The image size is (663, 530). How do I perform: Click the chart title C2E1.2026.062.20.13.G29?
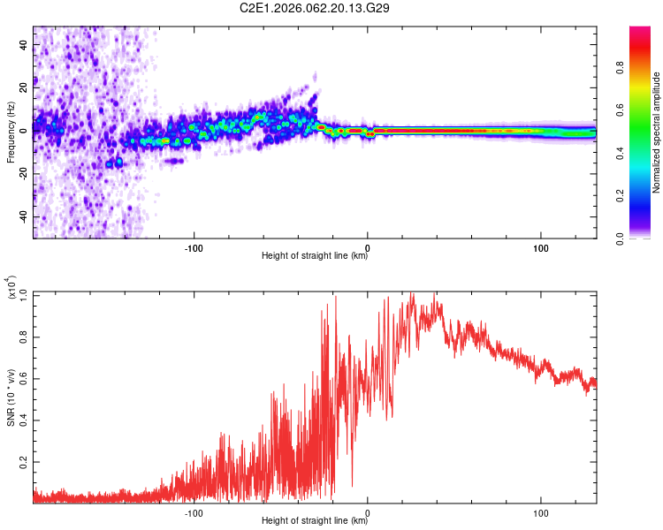click(316, 8)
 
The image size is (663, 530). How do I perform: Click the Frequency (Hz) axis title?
click(11, 132)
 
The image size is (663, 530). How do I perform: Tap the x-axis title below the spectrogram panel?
click(316, 256)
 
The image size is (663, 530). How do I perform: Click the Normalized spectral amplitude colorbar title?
click(657, 132)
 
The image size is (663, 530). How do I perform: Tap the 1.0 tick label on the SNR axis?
click(25, 292)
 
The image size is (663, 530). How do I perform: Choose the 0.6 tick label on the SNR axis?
click(25, 377)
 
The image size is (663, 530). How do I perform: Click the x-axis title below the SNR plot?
click(316, 521)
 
